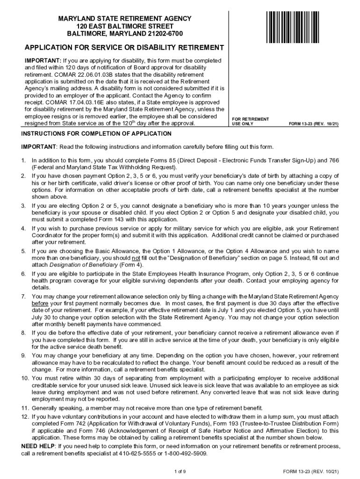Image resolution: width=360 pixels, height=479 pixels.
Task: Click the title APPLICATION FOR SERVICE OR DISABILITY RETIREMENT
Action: click(124, 48)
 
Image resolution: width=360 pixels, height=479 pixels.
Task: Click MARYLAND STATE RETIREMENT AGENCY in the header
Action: click(124, 18)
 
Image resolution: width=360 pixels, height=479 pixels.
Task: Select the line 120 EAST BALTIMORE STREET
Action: click(124, 26)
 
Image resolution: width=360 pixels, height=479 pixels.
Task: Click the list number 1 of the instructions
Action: click(23, 160)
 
